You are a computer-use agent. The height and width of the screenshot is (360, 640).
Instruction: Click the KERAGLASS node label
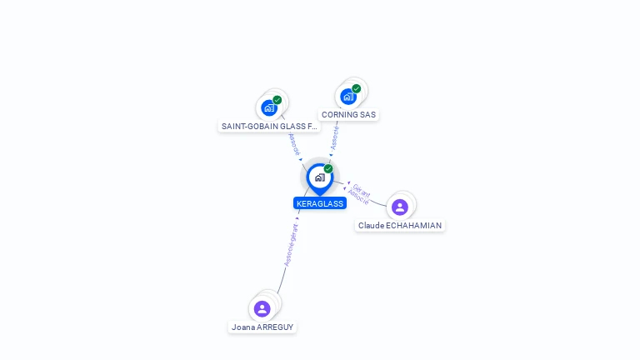pyautogui.click(x=320, y=203)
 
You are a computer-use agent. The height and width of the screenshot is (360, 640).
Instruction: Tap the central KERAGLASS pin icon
pyautogui.click(x=319, y=177)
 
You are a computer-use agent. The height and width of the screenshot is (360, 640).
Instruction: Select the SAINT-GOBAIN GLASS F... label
pyautogui.click(x=269, y=127)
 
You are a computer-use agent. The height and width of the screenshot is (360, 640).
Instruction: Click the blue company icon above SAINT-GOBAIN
pyautogui.click(x=268, y=107)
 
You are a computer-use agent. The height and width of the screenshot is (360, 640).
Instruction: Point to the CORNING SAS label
pyautogui.click(x=348, y=115)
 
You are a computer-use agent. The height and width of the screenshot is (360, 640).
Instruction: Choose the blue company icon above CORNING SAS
pyautogui.click(x=347, y=96)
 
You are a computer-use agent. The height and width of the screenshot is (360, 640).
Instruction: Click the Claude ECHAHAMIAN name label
pyautogui.click(x=400, y=226)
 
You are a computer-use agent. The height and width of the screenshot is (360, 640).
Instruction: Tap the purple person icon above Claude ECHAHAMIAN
pyautogui.click(x=400, y=207)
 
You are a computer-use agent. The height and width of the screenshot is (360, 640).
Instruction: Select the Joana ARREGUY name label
pyautogui.click(x=262, y=327)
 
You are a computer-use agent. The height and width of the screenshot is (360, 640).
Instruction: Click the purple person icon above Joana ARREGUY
pyautogui.click(x=262, y=309)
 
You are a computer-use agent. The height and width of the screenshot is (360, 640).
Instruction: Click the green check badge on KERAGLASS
pyautogui.click(x=328, y=169)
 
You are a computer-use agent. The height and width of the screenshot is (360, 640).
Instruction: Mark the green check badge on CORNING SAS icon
pyautogui.click(x=357, y=88)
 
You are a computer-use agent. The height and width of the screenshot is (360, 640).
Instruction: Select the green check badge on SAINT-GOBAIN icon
pyautogui.click(x=277, y=100)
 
